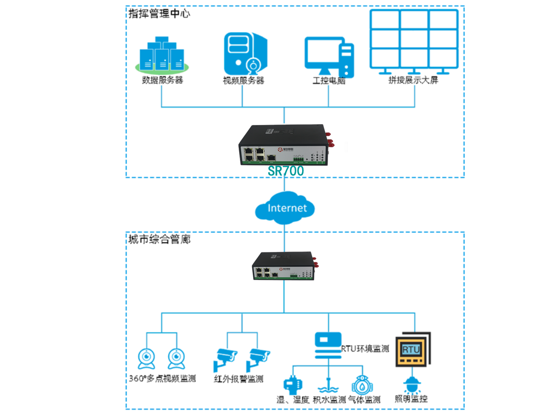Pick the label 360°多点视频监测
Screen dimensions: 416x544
(162, 379)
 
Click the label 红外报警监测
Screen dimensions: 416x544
(238, 379)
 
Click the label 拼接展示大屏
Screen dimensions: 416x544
(413, 81)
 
